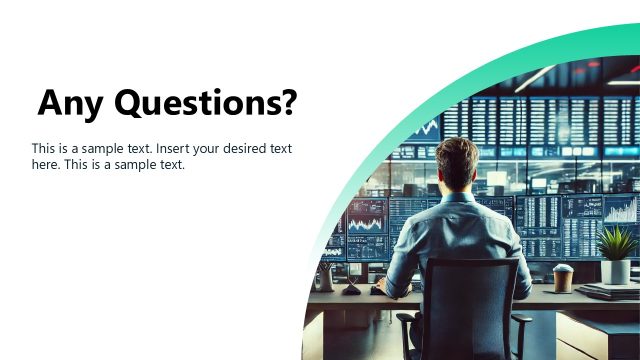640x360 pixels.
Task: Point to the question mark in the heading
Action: [288, 102]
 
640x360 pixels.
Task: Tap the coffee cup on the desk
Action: [563, 277]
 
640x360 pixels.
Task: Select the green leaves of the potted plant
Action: [615, 242]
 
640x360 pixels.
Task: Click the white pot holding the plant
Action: [615, 270]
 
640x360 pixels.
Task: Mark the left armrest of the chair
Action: [405, 321]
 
